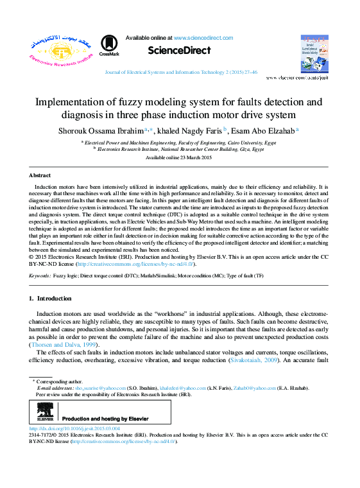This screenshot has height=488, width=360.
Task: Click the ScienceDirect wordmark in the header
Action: pyautogui.click(x=179, y=50)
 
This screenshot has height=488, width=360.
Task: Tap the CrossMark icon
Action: pyautogui.click(x=110, y=45)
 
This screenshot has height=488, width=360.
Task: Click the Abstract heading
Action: pyautogui.click(x=40, y=175)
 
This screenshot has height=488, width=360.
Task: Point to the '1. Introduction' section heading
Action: pyautogui.click(x=52, y=299)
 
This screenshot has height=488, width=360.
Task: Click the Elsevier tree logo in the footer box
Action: pyautogui.click(x=44, y=410)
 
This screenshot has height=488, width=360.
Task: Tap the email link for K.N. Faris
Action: pyautogui.click(x=178, y=388)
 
